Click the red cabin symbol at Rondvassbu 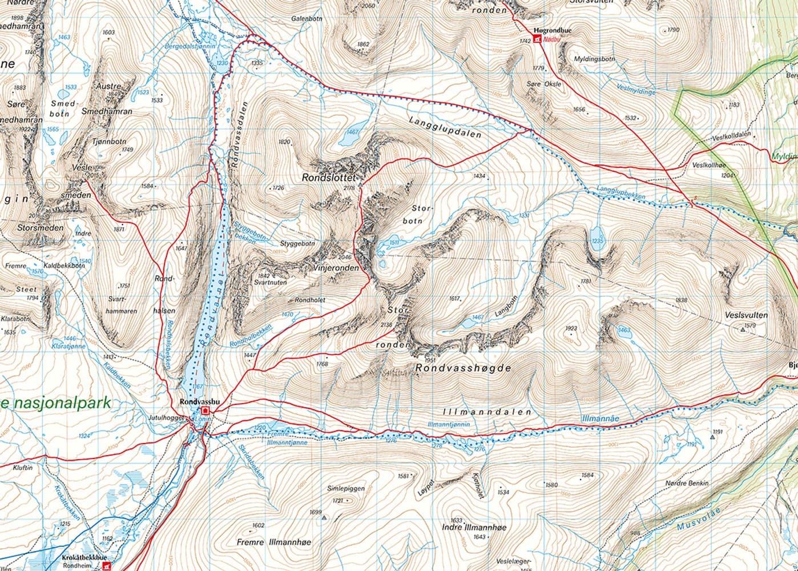[205, 411]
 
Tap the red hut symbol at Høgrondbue [537, 39]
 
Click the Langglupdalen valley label [445, 128]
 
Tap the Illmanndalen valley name [487, 412]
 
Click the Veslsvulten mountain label [746, 315]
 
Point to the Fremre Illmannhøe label [274, 542]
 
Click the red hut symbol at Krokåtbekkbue [106, 565]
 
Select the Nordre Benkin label [687, 483]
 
